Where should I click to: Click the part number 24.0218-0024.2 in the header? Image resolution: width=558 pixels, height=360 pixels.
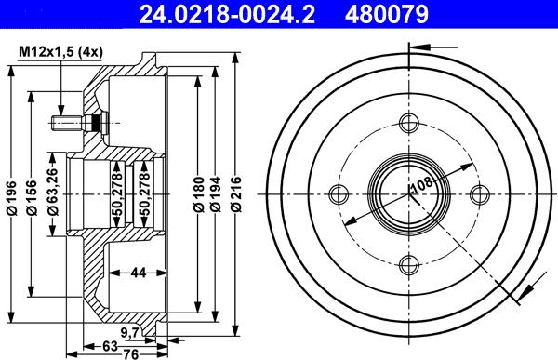[212, 14]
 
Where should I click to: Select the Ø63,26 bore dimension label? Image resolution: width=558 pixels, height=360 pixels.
[56, 192]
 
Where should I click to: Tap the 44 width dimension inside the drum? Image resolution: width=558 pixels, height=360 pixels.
[138, 272]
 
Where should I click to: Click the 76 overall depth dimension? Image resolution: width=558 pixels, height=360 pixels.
[131, 353]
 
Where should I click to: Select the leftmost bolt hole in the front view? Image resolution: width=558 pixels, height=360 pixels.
[338, 193]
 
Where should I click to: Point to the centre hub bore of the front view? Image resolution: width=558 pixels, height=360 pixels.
[409, 193]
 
